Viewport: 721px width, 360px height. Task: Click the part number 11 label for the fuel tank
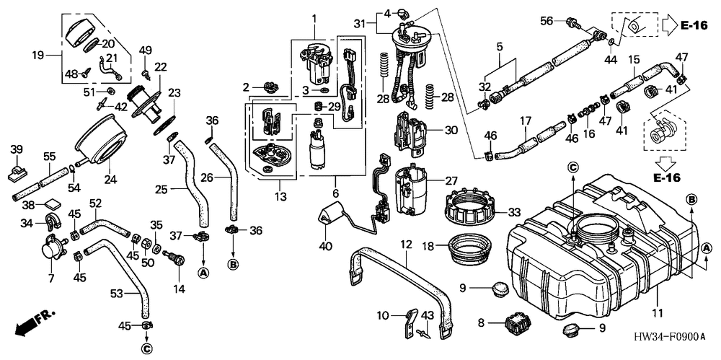pyautogui.click(x=657, y=313)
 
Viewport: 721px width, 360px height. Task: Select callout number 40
pyautogui.click(x=326, y=247)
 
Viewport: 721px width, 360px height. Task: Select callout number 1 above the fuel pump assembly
pyautogui.click(x=314, y=17)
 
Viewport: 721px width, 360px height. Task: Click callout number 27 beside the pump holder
pyautogui.click(x=451, y=180)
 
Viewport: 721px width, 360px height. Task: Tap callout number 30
pyautogui.click(x=451, y=131)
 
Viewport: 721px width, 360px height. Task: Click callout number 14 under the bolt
pyautogui.click(x=179, y=289)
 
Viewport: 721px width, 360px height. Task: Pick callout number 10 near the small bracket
pyautogui.click(x=383, y=315)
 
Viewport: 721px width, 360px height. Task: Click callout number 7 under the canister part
pyautogui.click(x=50, y=278)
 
